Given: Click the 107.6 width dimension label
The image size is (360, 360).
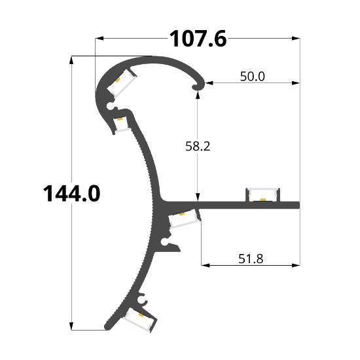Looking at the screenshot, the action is point(198,39).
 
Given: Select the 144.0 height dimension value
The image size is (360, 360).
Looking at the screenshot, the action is point(71,194).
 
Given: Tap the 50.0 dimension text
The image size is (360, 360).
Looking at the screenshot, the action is point(252,77).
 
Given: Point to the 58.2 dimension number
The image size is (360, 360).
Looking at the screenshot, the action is point(198,146).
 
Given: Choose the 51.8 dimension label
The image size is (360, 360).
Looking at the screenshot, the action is point(251,259).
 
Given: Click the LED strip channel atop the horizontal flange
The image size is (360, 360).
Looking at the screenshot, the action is point(263,194).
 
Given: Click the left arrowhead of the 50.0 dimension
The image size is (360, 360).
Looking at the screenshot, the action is point(209,83).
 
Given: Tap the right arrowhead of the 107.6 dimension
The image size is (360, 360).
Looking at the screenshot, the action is point(296,39).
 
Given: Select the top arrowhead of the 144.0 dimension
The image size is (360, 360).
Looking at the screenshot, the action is point(71,60).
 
